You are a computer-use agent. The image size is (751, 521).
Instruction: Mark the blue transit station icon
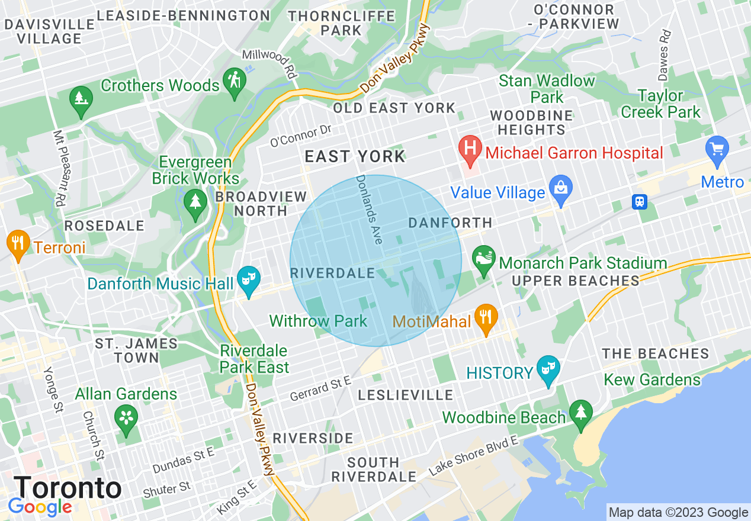point(639,202)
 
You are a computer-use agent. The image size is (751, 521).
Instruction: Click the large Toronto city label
point(68,488)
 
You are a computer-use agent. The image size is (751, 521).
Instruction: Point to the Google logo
point(40,507)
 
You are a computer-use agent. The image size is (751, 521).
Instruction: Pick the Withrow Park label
point(318,321)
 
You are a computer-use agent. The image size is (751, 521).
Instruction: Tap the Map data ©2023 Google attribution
point(678,513)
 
